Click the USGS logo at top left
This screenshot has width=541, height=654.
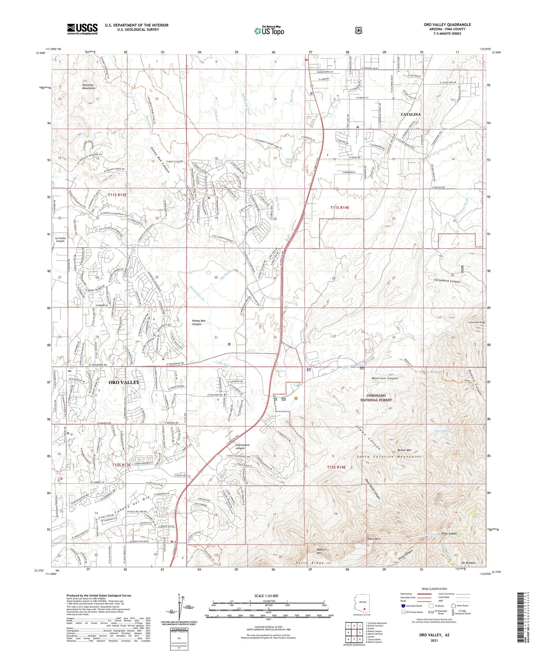pos(82,29)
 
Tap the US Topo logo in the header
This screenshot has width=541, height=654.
pos(269,31)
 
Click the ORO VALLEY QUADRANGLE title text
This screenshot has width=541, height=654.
pos(447,25)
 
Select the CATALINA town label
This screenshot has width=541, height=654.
pos(411,114)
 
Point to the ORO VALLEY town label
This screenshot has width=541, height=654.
pos(124,382)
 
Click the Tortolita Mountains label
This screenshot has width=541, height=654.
pos(89,87)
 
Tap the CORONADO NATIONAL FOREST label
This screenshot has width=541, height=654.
pos(376,398)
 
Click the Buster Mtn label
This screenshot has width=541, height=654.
pos(404,450)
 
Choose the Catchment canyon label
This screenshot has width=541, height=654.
pos(242,447)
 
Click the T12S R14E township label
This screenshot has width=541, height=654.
pos(336,467)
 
